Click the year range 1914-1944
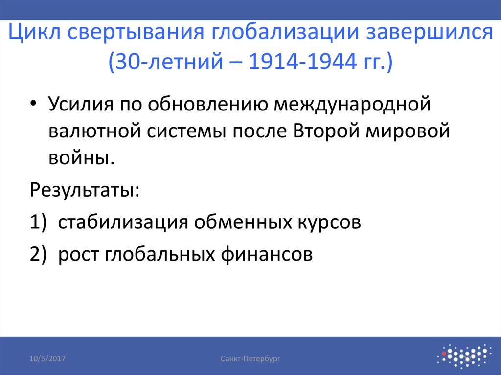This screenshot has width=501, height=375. [x=302, y=63]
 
